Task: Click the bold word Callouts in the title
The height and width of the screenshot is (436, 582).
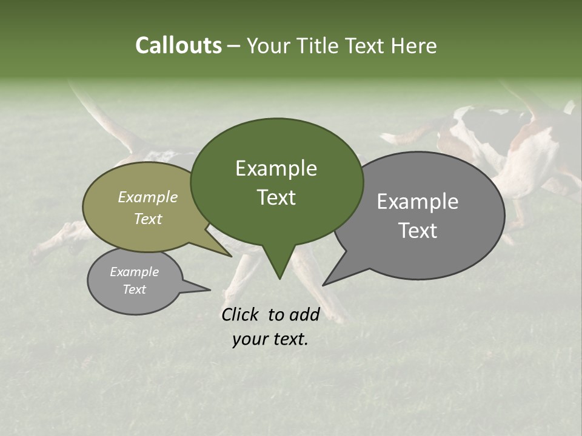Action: coord(178,45)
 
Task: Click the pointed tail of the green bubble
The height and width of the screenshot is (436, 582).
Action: coord(279,266)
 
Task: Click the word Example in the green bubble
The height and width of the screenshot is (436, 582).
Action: coord(276,168)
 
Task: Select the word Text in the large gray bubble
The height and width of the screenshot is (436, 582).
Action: coord(418,230)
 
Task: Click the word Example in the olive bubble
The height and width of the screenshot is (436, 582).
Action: coord(147,197)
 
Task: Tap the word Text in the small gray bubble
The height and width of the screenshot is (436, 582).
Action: coord(134,289)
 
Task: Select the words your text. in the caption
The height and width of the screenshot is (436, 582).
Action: coord(270,339)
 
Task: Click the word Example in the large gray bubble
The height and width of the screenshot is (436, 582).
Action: coord(418,202)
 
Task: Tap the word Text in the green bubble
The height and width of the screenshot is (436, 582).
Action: coord(276,197)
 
